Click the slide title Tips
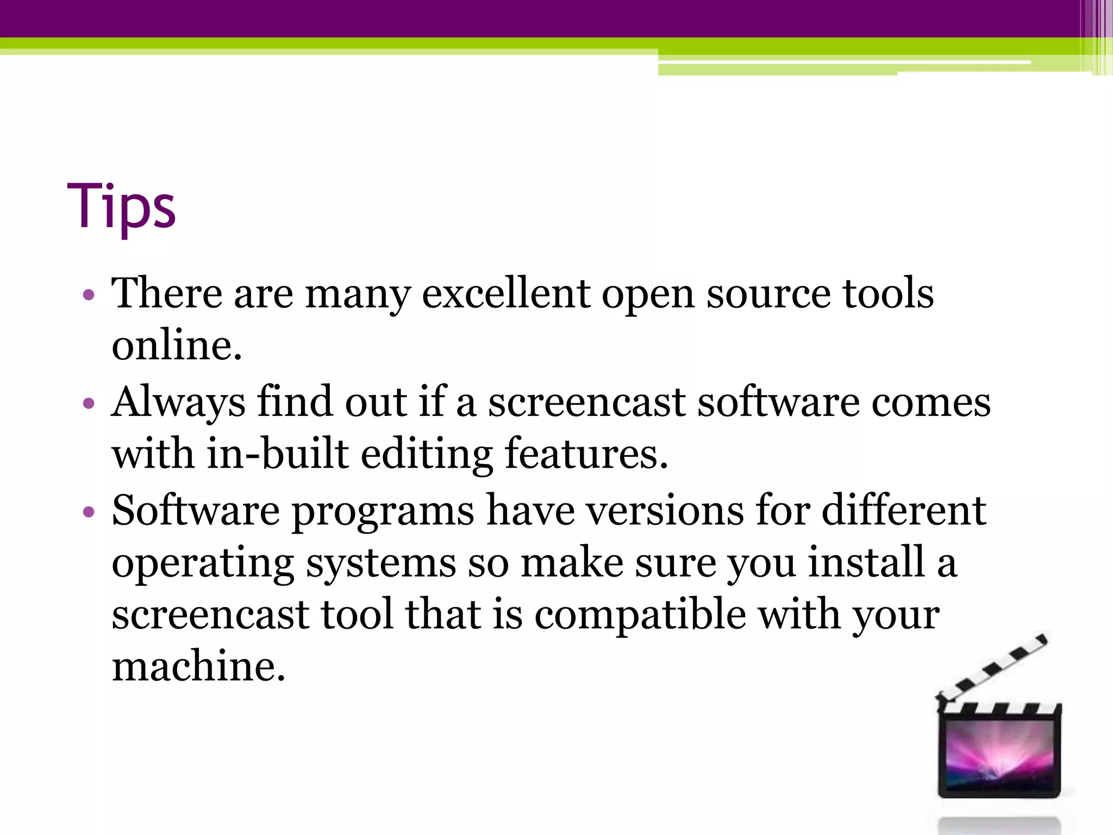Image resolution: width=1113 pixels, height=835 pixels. (121, 207)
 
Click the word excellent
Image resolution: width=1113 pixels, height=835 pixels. (506, 294)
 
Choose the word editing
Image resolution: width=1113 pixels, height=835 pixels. (427, 454)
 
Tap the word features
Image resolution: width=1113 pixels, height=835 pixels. (586, 453)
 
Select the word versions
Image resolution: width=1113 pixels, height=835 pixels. (665, 511)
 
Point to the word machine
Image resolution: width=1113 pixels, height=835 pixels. (198, 666)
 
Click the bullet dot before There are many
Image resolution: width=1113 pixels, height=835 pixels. (89, 295)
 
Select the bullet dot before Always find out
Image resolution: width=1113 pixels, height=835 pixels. (89, 403)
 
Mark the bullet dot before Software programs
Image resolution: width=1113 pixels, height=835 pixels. (89, 512)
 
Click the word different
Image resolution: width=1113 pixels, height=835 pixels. (903, 511)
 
